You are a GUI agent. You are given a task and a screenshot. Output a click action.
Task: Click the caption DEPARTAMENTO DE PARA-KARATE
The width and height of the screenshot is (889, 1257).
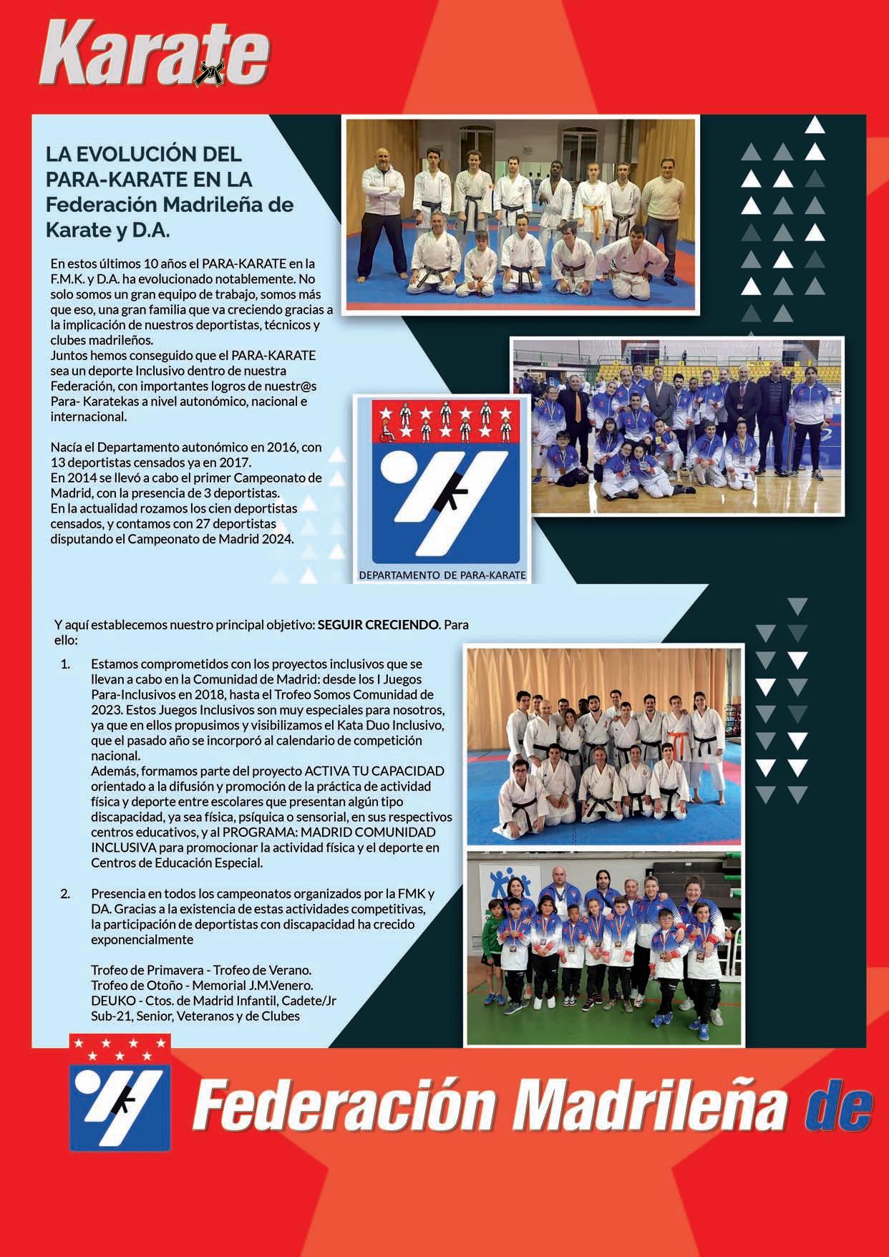tap(442, 575)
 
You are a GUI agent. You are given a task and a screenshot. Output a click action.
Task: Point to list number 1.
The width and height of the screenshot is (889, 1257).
tap(65, 664)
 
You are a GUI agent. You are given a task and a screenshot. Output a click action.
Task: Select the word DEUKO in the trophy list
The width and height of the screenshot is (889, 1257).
tap(108, 1001)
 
